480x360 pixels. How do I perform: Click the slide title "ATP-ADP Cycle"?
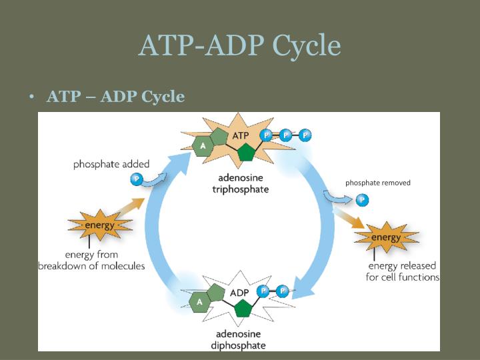tap(239, 45)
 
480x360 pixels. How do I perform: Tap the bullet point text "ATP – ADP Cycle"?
tap(115, 97)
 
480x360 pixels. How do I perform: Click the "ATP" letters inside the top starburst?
tap(240, 135)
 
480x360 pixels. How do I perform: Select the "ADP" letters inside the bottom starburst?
tap(239, 293)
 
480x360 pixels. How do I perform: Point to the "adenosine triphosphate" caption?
tap(241, 183)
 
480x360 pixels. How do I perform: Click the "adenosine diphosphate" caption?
tap(238, 339)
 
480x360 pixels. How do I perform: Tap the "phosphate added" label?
tap(111, 164)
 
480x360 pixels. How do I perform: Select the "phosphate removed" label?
tap(377, 183)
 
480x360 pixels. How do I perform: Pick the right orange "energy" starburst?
tap(386, 238)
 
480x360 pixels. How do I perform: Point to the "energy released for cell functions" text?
tap(402, 271)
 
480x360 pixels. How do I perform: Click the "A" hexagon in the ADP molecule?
tap(199, 302)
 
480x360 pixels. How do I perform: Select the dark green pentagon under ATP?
tap(247, 153)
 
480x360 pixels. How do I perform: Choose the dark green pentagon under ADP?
tap(243, 309)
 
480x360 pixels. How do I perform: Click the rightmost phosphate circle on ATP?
tap(305, 135)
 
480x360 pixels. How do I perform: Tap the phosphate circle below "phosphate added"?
tap(137, 179)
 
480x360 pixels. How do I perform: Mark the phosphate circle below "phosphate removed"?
tap(362, 199)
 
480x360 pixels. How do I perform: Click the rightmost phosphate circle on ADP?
tap(282, 291)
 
